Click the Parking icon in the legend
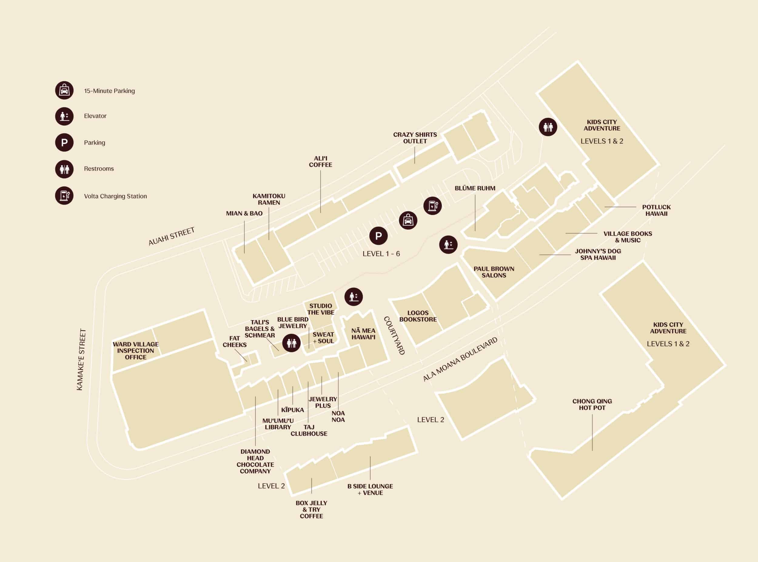coord(64,142)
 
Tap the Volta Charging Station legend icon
coord(64,196)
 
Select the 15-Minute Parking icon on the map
coord(408,220)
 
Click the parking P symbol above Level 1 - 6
coord(378,236)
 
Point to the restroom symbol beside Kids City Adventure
coord(548,127)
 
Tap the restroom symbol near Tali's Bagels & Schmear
coord(292,343)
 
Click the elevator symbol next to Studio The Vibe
coord(354,296)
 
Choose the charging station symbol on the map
coord(432,206)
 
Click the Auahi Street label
coord(172,236)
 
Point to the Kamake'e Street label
coord(81,359)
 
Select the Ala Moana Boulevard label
coord(460,359)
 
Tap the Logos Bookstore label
coord(418,316)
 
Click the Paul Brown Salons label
coord(494,272)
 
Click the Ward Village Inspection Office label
coord(136,351)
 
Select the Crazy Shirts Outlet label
coord(415,138)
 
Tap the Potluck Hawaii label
coord(656,210)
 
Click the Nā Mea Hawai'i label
coord(363,334)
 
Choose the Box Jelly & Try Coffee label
coord(311,509)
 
